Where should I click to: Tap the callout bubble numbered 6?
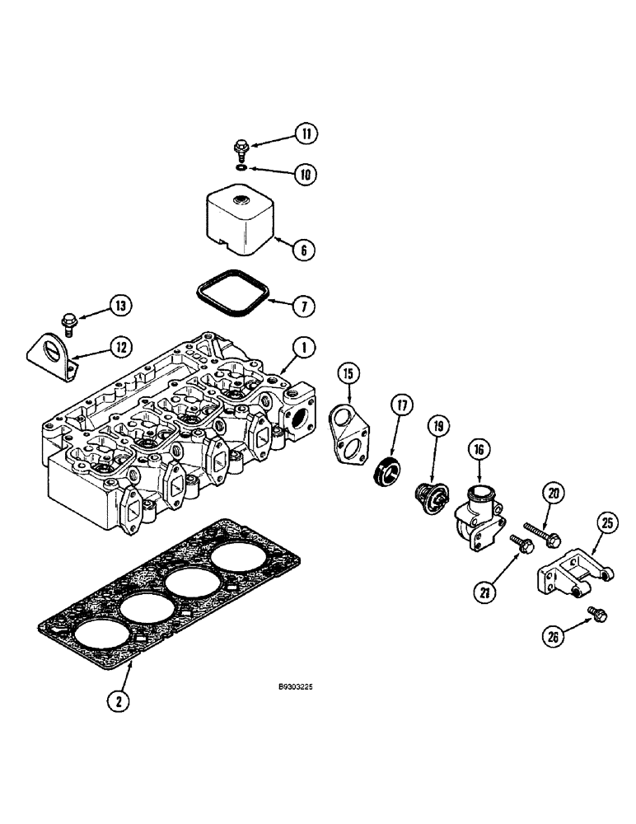(303, 248)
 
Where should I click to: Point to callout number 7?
(303, 306)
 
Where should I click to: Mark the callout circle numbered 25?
(607, 522)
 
